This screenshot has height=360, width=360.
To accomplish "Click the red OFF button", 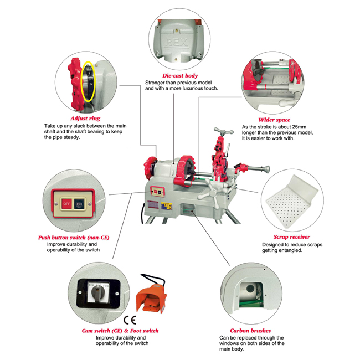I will [65, 203].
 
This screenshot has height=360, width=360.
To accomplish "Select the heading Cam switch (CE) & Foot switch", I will [120, 331].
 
